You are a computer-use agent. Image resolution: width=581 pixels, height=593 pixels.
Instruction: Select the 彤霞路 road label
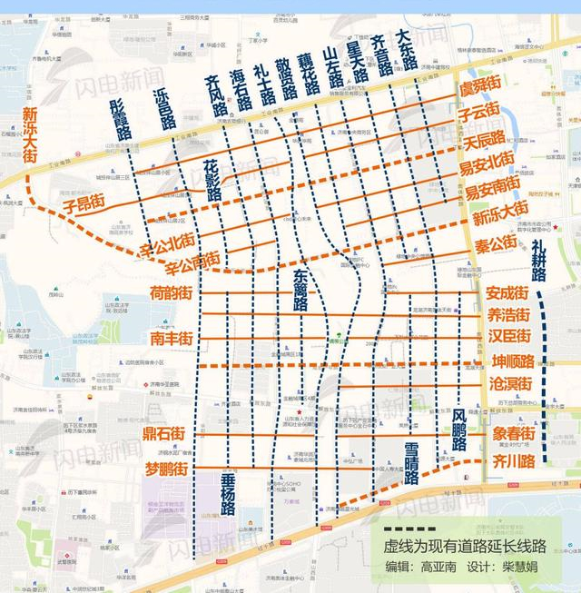point(120,119)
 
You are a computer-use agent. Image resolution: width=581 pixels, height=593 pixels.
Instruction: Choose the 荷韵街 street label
point(172,292)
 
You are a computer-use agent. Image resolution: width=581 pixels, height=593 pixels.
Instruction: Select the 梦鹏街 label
point(166,469)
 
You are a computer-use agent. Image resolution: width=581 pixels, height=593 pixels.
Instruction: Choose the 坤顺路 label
point(511,361)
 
